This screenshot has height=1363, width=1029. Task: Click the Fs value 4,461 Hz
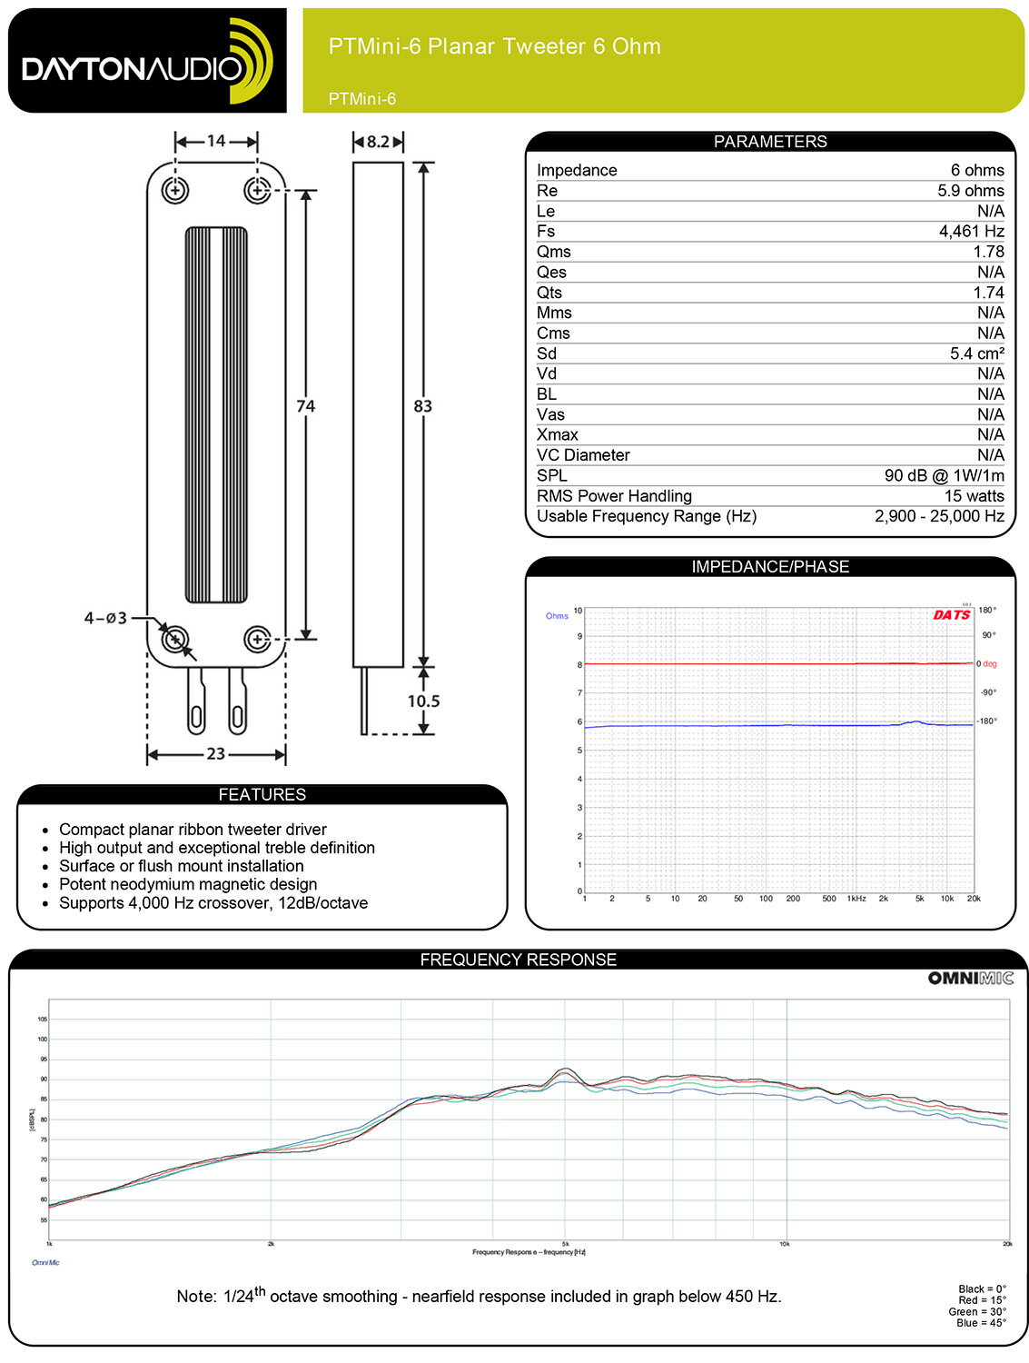pyautogui.click(x=971, y=232)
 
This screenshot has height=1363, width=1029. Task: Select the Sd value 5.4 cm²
pyautogui.click(x=976, y=353)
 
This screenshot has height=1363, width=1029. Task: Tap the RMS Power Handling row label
pyautogui.click(x=614, y=496)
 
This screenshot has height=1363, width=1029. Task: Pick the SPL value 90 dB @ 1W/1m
pyautogui.click(x=944, y=475)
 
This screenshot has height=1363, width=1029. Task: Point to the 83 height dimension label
pyautogui.click(x=422, y=406)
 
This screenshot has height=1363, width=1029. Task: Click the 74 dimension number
pyautogui.click(x=306, y=406)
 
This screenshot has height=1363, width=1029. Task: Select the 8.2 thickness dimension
pyautogui.click(x=378, y=142)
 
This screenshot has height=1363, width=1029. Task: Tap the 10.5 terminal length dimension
pyautogui.click(x=423, y=701)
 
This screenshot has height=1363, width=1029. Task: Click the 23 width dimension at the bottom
pyautogui.click(x=216, y=753)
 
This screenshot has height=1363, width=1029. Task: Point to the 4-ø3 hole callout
pyautogui.click(x=105, y=618)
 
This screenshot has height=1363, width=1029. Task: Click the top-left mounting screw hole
pyautogui.click(x=174, y=191)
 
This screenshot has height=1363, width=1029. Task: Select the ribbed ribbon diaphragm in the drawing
pyautogui.click(x=216, y=414)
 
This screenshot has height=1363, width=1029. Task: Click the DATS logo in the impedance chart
pyautogui.click(x=951, y=615)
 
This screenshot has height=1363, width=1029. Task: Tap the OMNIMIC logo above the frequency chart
pyautogui.click(x=970, y=978)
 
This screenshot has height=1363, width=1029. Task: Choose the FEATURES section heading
pyautogui.click(x=262, y=794)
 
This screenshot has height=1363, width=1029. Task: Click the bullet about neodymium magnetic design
pyautogui.click(x=188, y=884)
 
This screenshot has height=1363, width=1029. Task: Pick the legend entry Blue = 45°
pyautogui.click(x=981, y=1323)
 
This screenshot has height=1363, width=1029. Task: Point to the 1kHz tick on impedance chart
pyautogui.click(x=856, y=899)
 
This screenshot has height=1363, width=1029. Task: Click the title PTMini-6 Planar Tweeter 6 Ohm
pyautogui.click(x=494, y=46)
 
